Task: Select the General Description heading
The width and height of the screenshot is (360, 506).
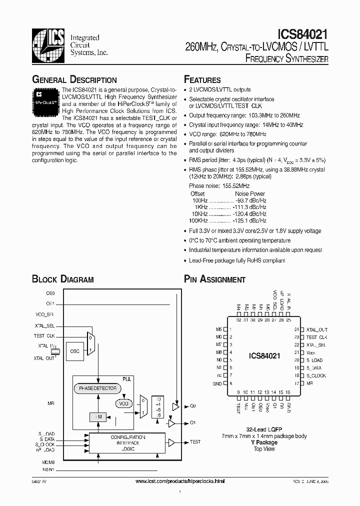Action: [74, 80]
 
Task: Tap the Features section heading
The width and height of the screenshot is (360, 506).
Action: [202, 80]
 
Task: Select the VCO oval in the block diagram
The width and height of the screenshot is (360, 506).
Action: [124, 403]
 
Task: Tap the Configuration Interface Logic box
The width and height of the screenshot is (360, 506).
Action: [127, 443]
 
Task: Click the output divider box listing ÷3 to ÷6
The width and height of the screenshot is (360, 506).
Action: [158, 405]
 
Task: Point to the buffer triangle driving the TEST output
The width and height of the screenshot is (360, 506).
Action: [171, 442]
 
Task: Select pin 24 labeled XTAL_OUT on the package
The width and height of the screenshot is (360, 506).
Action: [316, 329]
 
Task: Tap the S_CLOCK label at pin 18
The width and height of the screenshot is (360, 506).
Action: [315, 375]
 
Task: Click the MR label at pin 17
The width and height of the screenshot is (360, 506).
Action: [309, 383]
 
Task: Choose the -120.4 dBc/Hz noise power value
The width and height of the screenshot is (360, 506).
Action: [249, 213]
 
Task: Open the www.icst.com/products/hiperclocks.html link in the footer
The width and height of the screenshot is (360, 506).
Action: [180, 481]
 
